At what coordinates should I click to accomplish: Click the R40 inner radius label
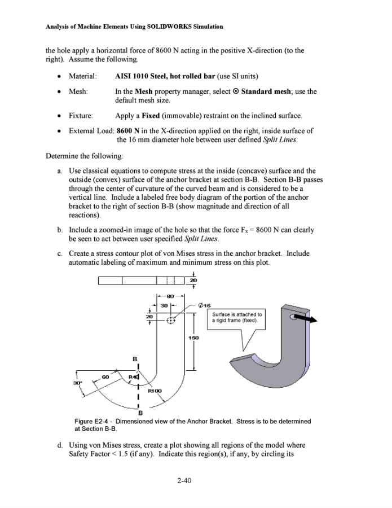tap(133, 377)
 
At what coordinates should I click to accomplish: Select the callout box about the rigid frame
tap(236, 317)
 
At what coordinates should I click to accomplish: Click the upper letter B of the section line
tap(134, 358)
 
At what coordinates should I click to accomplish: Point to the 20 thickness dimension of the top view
tap(194, 281)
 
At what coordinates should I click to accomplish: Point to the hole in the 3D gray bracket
tap(293, 318)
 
